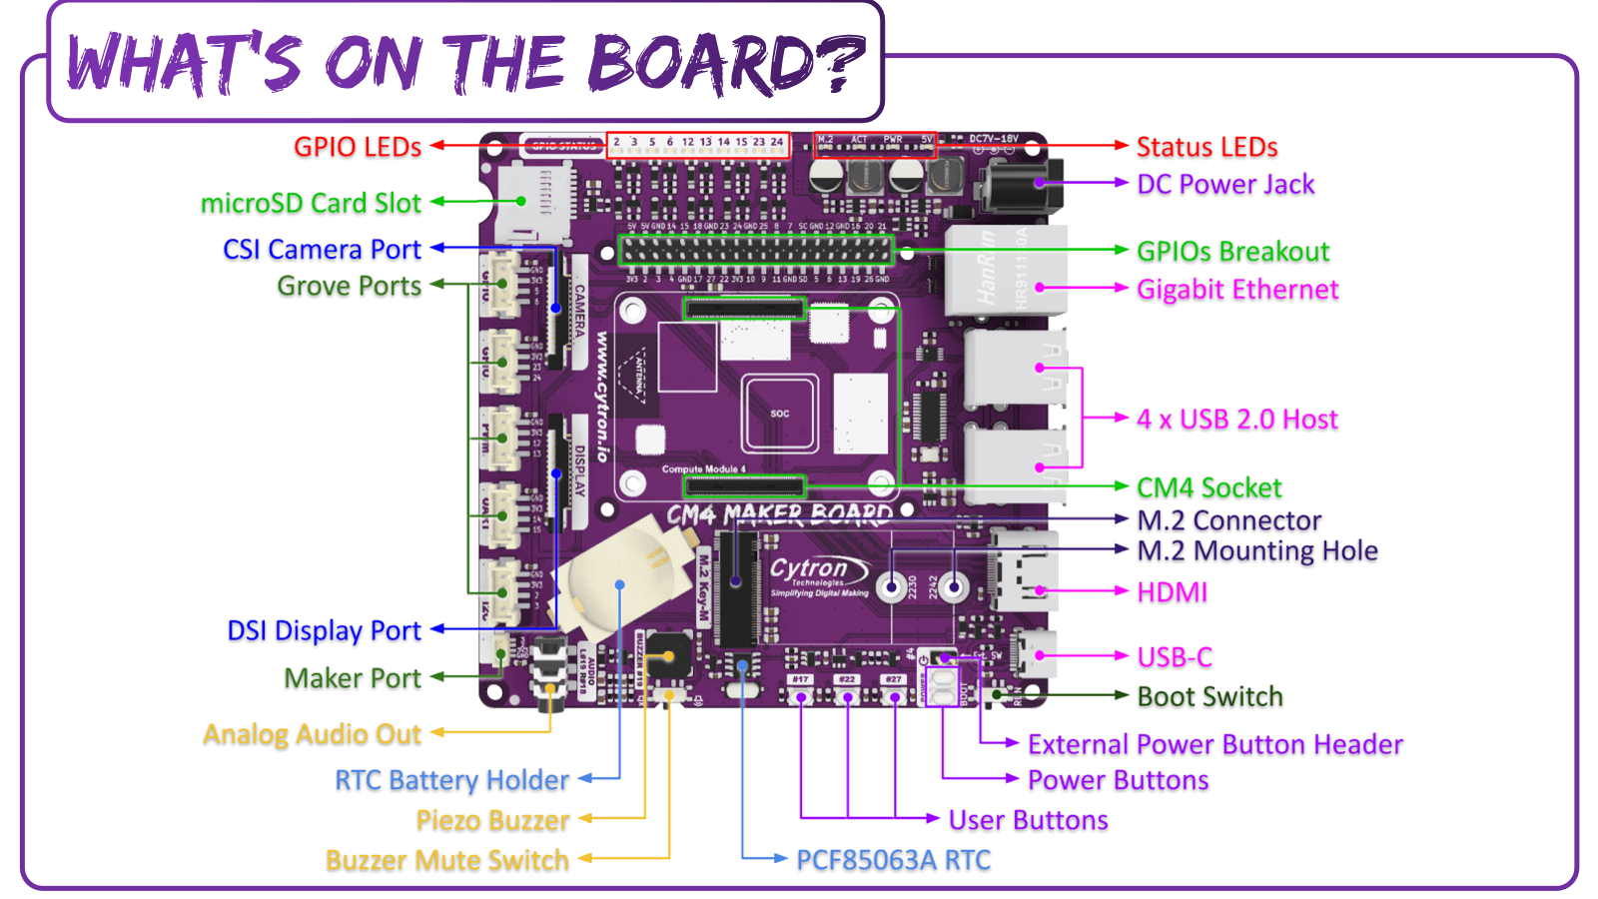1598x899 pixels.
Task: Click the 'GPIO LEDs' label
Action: coord(357,147)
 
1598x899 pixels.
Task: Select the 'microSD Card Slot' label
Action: coord(311,203)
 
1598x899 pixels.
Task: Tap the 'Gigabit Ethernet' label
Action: coord(1237,290)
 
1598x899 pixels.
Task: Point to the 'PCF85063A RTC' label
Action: coord(893,860)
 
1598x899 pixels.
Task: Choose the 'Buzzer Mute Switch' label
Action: coord(446,860)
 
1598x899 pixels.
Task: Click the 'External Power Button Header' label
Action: coord(1214,744)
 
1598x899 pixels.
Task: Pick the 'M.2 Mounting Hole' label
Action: coord(1257,550)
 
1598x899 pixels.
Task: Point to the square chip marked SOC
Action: coord(780,413)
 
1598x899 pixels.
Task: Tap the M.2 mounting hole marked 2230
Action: coord(892,586)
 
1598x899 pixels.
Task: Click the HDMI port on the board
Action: coord(1023,580)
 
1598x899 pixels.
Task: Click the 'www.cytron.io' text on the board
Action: coord(602,397)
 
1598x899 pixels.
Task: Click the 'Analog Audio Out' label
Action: coord(312,734)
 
